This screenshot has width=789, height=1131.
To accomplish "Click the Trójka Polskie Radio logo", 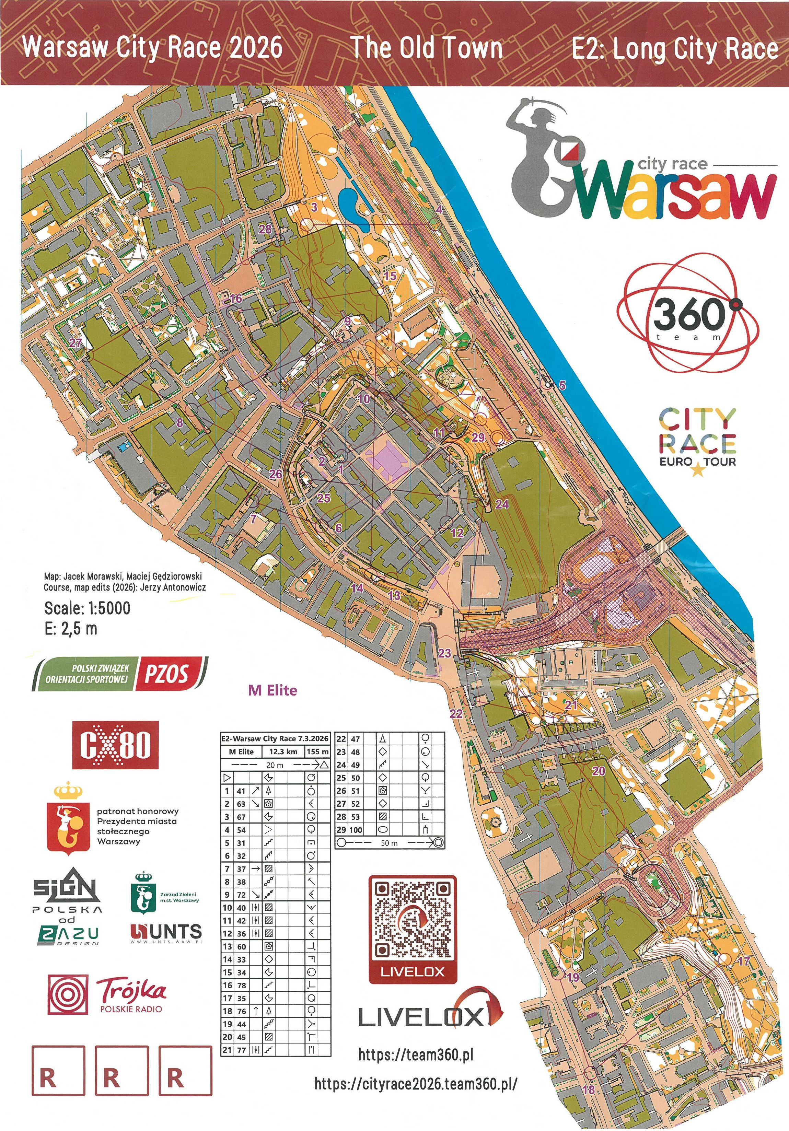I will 107,994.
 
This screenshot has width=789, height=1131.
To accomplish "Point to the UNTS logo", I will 166,932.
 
